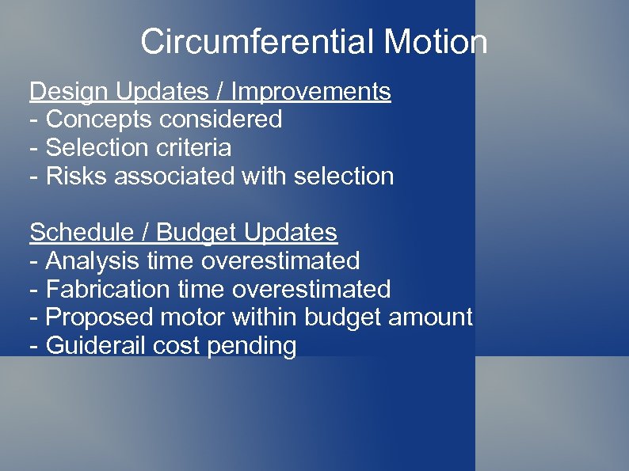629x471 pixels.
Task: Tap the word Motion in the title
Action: pos(435,42)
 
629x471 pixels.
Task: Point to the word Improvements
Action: pos(311,92)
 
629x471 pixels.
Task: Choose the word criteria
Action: pos(196,148)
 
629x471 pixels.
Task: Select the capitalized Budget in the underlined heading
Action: pos(196,233)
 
